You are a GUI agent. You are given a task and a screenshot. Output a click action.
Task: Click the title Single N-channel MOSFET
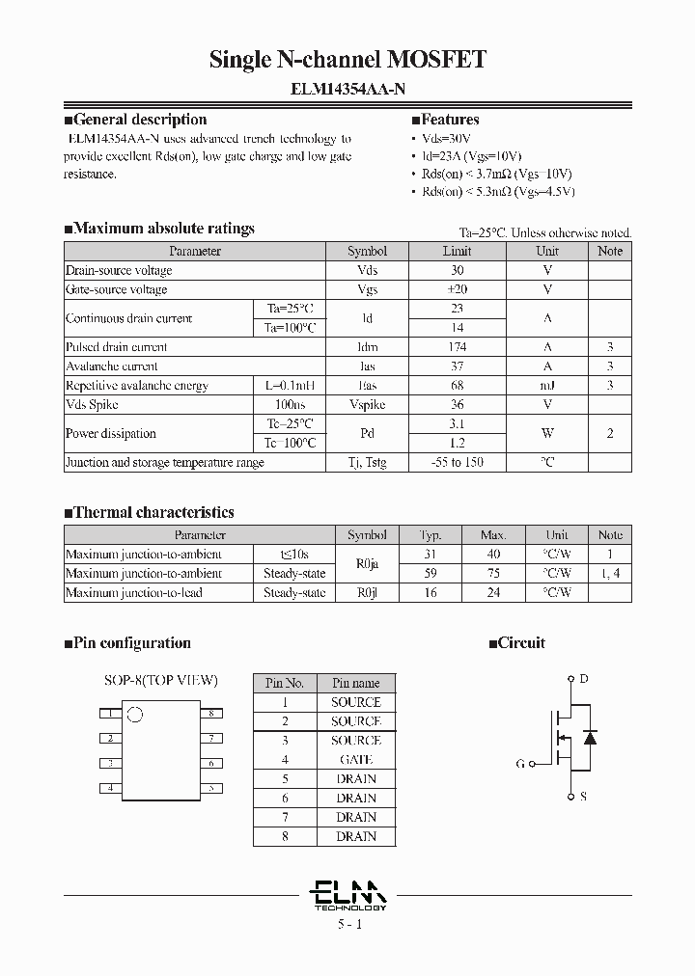(x=347, y=60)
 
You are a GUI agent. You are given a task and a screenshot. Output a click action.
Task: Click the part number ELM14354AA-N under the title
(x=347, y=89)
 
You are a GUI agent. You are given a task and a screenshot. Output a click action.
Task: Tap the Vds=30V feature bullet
(x=449, y=138)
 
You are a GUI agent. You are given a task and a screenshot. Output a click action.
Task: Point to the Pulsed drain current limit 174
(x=457, y=347)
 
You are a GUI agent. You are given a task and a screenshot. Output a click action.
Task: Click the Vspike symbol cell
(x=367, y=405)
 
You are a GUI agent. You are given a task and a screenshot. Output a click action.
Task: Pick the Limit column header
(x=457, y=251)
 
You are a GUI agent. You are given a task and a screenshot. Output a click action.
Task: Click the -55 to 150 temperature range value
(x=457, y=463)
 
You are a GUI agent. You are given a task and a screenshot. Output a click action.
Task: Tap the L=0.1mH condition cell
(x=290, y=386)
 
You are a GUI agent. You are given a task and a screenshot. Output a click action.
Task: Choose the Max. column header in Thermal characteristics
(x=493, y=534)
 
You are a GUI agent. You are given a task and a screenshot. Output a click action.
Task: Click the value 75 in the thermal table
(x=493, y=573)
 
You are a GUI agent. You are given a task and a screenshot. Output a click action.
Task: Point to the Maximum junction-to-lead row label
(x=133, y=592)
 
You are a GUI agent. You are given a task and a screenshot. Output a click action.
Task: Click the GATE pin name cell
(x=356, y=760)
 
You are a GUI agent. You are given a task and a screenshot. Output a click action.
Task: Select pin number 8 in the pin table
(x=285, y=836)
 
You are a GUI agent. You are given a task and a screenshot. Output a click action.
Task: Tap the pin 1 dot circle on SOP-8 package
(x=135, y=716)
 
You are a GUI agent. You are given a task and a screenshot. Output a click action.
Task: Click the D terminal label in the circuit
(x=583, y=679)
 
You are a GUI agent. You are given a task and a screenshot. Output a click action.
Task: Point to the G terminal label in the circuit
(x=520, y=764)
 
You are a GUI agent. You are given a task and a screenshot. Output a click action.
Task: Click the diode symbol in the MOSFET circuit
(x=591, y=738)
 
